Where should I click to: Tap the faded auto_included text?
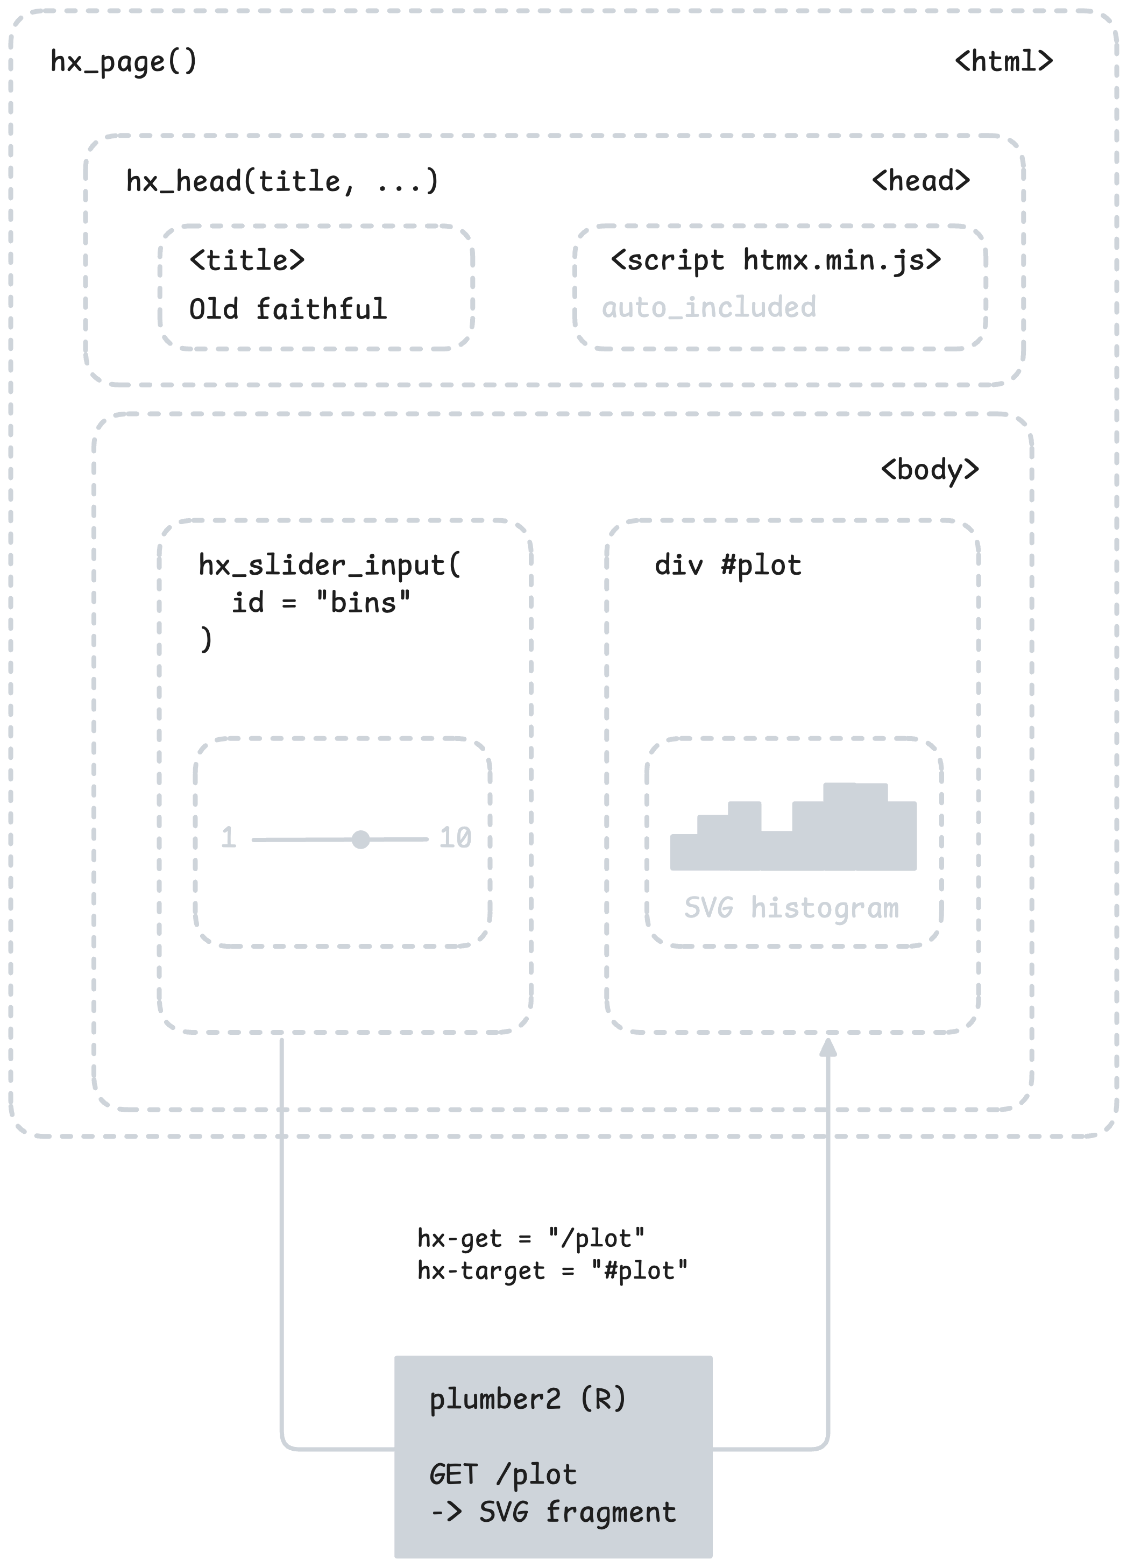pyautogui.click(x=708, y=307)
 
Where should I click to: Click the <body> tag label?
pyautogui.click(x=929, y=470)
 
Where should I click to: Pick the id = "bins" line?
pyautogui.click(x=321, y=603)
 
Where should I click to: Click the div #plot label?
pyautogui.click(x=727, y=565)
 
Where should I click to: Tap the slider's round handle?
pyautogui.click(x=360, y=839)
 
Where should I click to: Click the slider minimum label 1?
pyautogui.click(x=229, y=838)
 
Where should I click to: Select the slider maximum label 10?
pyautogui.click(x=455, y=838)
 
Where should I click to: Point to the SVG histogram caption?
pyautogui.click(x=791, y=908)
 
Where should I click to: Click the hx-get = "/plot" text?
pyautogui.click(x=530, y=1238)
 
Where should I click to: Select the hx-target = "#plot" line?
pyautogui.click(x=552, y=1270)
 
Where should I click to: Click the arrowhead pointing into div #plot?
pyautogui.click(x=827, y=1048)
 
